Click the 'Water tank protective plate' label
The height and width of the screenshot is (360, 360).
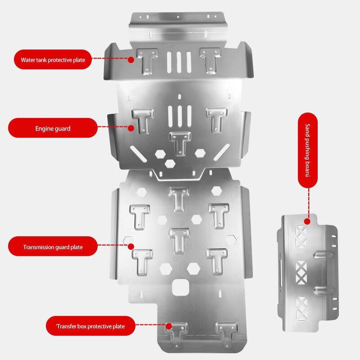[x=53, y=59]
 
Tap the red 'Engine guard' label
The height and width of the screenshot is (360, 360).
[x=53, y=128]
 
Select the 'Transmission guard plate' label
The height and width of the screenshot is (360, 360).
[x=53, y=247]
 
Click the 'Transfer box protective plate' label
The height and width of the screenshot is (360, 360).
[x=90, y=326]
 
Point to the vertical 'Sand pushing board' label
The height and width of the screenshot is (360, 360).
[x=308, y=150]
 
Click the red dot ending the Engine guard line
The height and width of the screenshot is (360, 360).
[x=131, y=128]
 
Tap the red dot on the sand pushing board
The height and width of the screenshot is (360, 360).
[x=308, y=221]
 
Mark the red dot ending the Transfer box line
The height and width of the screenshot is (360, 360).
[x=169, y=326]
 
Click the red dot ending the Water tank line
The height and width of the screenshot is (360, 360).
[x=131, y=59]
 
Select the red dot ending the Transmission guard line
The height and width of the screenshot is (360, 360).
[x=131, y=247]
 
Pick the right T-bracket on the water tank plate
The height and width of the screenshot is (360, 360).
[x=210, y=60]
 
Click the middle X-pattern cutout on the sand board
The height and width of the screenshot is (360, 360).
[x=300, y=271]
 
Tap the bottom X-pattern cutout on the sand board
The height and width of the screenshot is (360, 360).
[x=300, y=308]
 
